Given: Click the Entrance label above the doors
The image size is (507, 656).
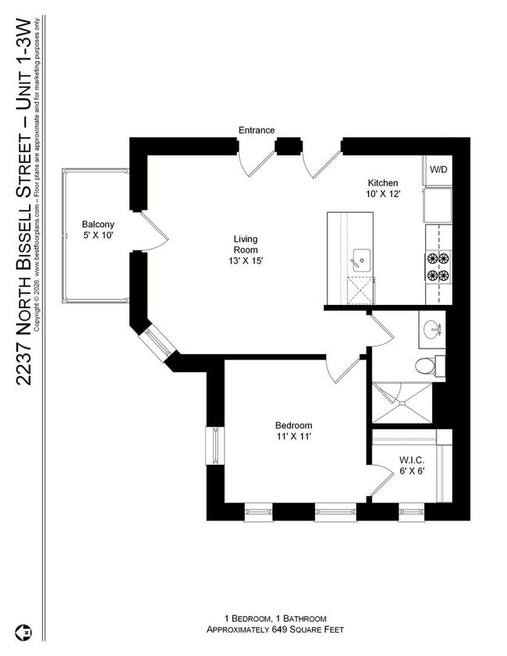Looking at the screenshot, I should point(257,130).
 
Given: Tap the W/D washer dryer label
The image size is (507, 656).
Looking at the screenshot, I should point(438,169).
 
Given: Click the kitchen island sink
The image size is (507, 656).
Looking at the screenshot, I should point(360,257).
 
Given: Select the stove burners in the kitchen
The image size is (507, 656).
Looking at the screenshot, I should point(438,266).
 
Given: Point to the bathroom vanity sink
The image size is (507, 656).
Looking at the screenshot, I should point(431,330).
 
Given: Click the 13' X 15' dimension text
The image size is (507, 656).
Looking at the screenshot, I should point(246,261).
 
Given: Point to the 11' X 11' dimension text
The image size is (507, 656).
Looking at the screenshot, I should point(293,437).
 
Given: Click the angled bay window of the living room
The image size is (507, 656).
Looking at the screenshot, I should point(154,342).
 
